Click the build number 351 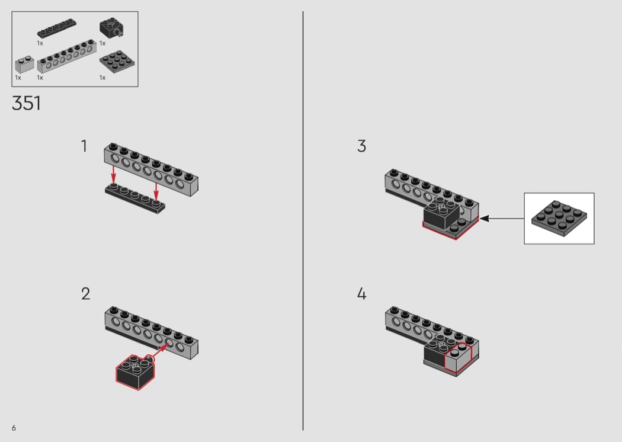point(26,103)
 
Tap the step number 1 point(84,146)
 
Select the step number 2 point(86,294)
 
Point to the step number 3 point(361,146)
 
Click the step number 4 point(361,294)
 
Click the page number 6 point(14,428)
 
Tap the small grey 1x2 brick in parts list point(25,65)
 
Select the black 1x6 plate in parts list point(57,28)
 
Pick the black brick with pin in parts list point(111,28)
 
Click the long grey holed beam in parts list point(66,56)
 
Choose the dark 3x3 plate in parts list point(117,62)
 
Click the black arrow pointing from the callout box point(502,218)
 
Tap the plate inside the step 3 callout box point(559,218)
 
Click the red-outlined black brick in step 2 point(135,372)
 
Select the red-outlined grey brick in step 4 point(458,358)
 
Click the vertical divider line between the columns point(303,220)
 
